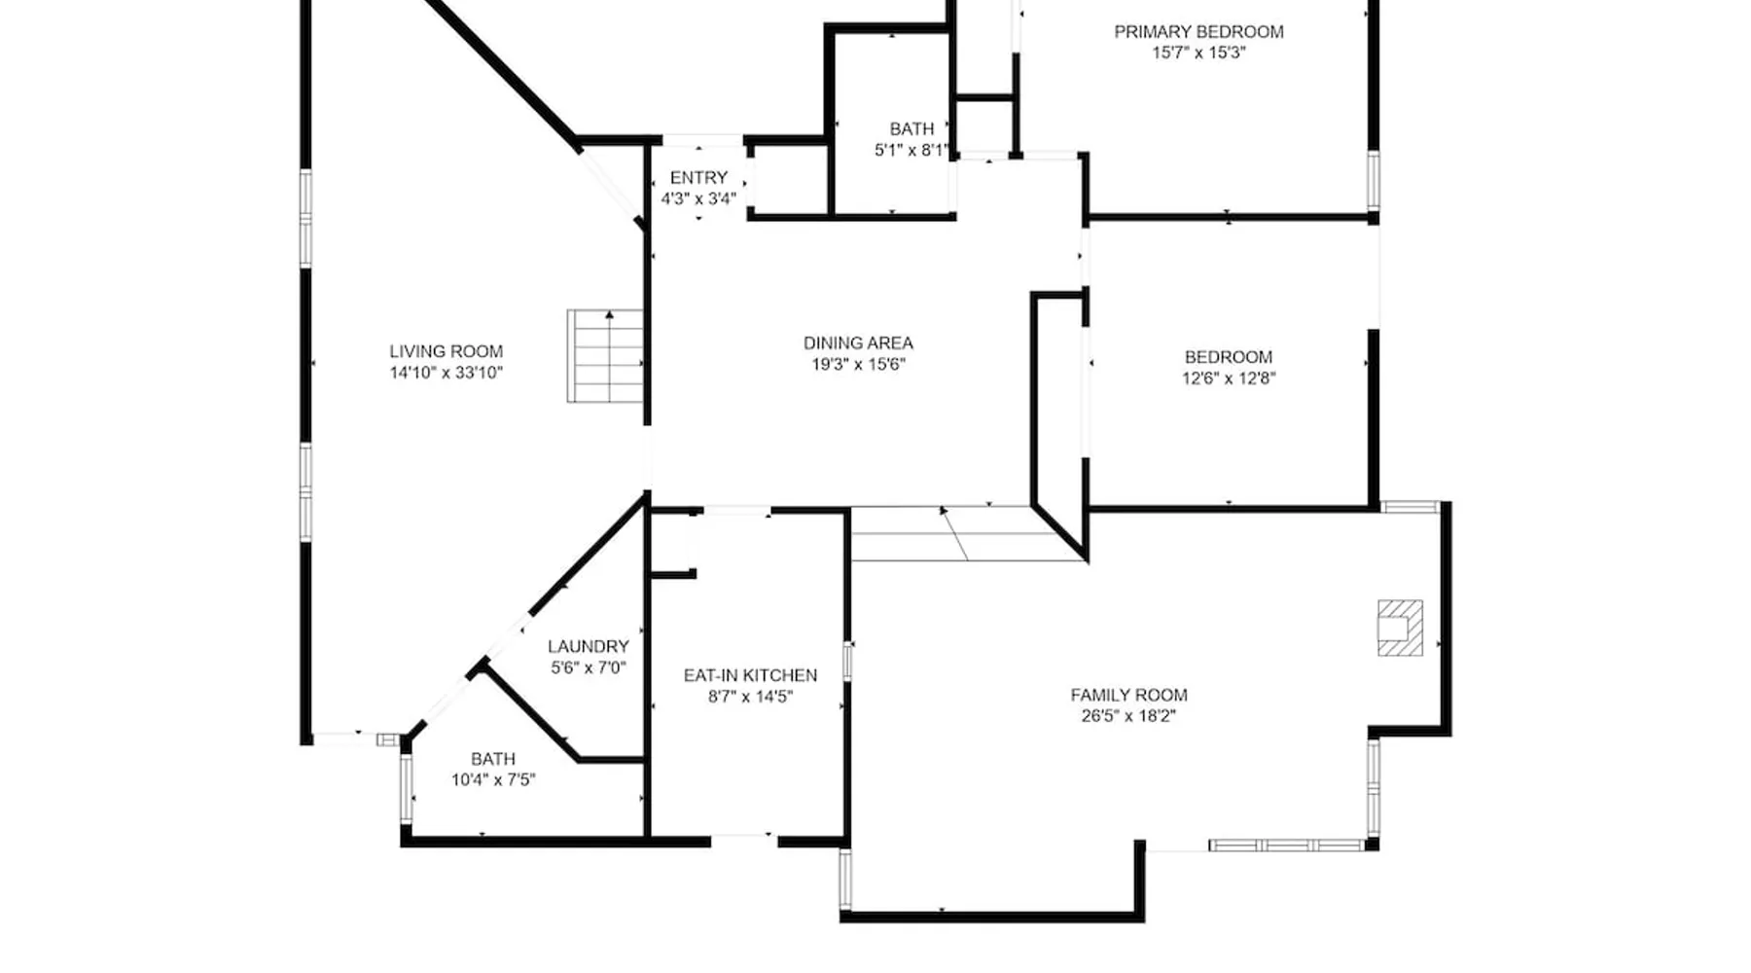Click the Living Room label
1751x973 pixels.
(447, 351)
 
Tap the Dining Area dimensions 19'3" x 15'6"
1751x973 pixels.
(858, 365)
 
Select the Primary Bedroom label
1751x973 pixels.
(1198, 32)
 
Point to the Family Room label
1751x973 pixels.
(1128, 695)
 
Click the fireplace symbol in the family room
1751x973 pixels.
(1400, 628)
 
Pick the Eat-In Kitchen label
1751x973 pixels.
(750, 675)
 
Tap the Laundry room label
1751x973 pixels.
(588, 646)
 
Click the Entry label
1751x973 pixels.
(698, 178)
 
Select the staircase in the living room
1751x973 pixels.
(605, 356)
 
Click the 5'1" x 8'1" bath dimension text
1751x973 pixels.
(911, 151)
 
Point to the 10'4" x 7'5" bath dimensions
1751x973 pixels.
(493, 779)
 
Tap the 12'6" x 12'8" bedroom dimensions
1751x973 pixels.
(1229, 378)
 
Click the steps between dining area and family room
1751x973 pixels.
(969, 533)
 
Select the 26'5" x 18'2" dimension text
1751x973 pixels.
(1128, 716)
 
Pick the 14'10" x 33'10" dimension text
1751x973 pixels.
(447, 373)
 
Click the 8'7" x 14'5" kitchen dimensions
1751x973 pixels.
(750, 697)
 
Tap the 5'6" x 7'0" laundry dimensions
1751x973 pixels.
(588, 667)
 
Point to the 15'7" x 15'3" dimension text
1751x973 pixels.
(1198, 54)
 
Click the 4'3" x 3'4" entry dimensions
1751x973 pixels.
(698, 198)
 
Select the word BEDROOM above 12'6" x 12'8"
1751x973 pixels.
(1229, 357)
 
